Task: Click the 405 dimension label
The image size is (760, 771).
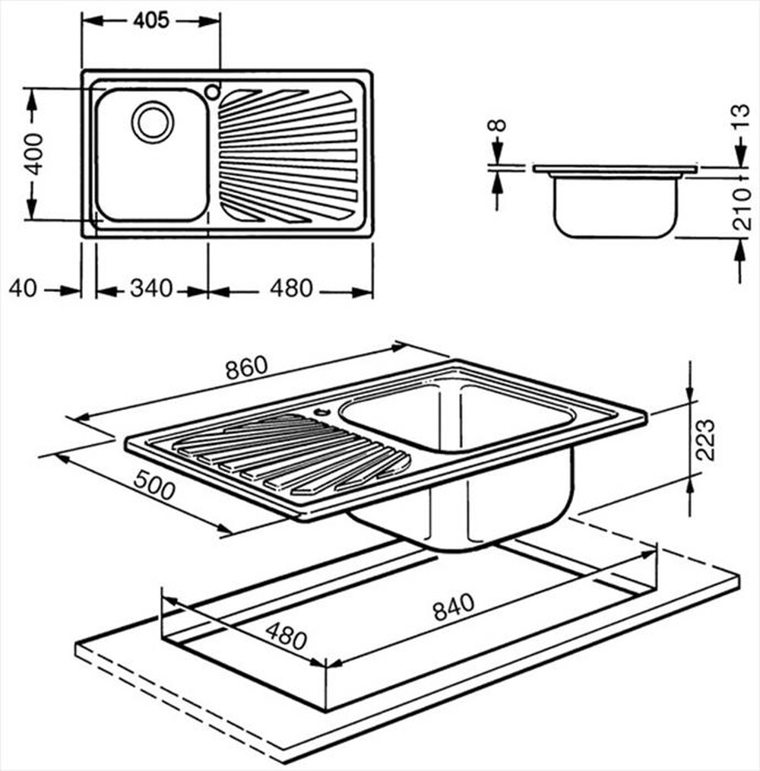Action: point(150,21)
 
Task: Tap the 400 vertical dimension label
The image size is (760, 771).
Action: point(33,154)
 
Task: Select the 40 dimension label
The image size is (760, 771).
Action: point(24,289)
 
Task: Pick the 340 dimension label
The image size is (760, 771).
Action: point(152,289)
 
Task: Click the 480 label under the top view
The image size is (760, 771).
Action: point(290,289)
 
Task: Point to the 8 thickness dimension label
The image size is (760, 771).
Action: point(497,125)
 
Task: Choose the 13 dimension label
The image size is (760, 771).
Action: point(742,119)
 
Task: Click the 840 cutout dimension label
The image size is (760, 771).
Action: point(453,606)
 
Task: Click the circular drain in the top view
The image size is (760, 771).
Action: point(152,122)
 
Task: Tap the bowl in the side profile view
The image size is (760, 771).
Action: point(615,205)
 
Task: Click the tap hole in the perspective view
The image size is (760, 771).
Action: point(321,414)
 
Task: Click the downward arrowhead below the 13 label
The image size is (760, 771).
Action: point(742,159)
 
